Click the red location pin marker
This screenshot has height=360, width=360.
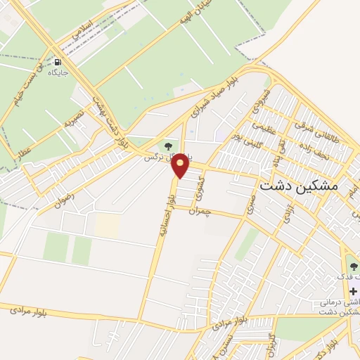181,165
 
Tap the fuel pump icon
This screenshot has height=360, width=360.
56,61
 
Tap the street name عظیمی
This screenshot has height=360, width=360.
262,130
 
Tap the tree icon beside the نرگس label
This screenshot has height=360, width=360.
168,146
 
